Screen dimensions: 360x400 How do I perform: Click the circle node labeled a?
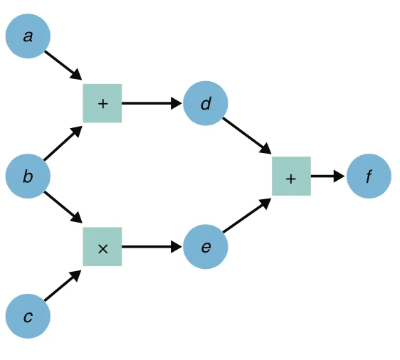click(28, 36)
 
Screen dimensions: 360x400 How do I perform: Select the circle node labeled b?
click(28, 176)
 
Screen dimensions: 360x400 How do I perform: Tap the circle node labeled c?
click(28, 316)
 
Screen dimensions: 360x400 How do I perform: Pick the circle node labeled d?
click(206, 103)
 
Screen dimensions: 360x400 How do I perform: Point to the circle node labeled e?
click(206, 247)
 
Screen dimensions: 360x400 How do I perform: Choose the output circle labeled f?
click(369, 176)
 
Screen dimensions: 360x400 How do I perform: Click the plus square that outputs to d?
click(102, 103)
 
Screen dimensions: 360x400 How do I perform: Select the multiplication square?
click(102, 247)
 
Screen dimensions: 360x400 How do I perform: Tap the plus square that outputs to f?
click(291, 176)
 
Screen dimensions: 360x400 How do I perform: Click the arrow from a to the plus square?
click(63, 64)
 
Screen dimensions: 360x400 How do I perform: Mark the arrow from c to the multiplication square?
click(63, 287)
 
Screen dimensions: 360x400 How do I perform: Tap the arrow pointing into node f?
click(327, 176)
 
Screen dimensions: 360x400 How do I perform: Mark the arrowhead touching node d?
click(177, 103)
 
